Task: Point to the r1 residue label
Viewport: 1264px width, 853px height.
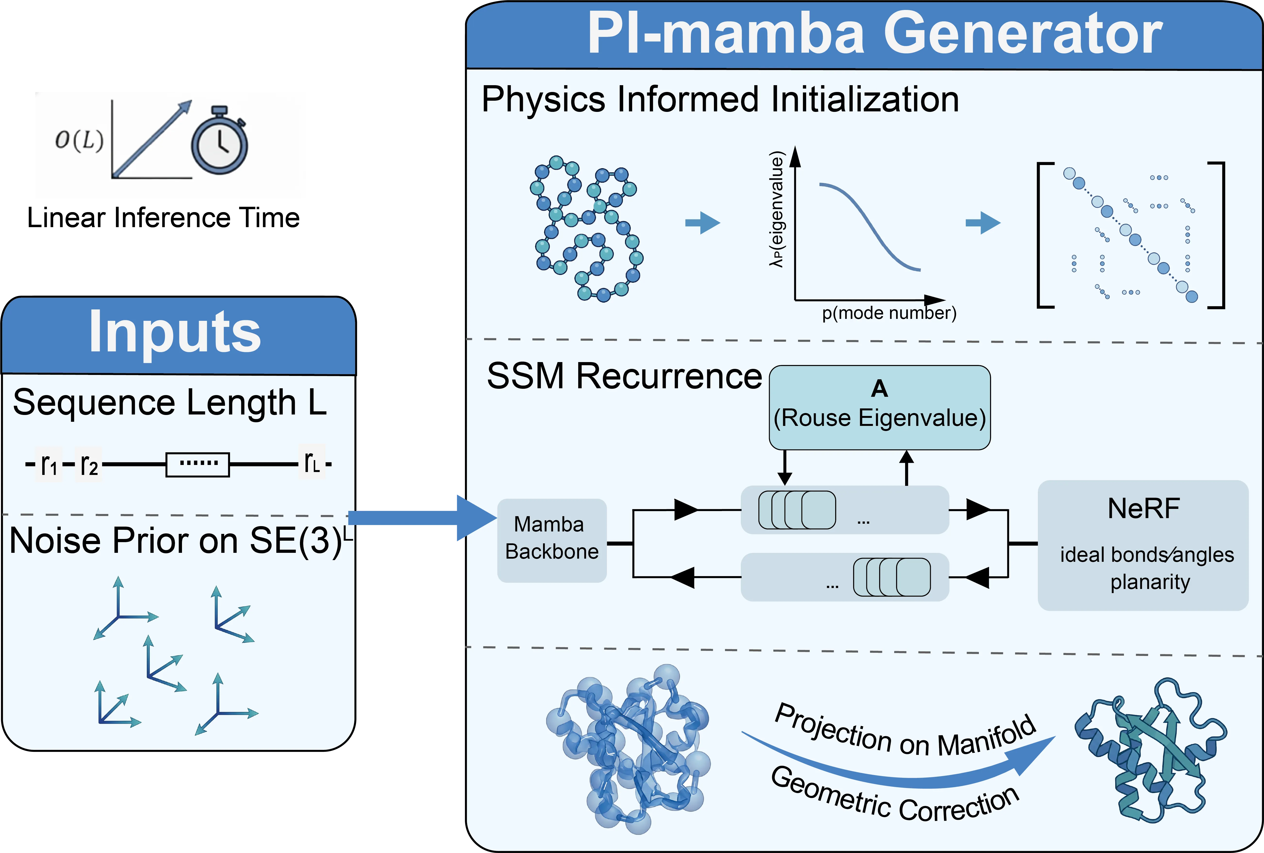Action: pyautogui.click(x=49, y=464)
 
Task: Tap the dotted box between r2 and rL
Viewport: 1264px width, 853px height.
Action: pyautogui.click(x=198, y=464)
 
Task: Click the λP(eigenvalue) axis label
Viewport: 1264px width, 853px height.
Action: pyautogui.click(x=777, y=209)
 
